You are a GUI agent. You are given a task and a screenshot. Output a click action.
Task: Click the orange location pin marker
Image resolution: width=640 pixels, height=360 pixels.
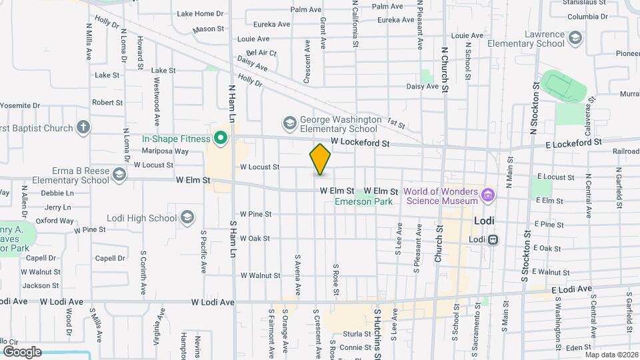pos(320,159)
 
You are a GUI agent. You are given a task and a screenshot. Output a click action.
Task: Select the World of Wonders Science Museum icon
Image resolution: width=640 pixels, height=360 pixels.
pos(488,195)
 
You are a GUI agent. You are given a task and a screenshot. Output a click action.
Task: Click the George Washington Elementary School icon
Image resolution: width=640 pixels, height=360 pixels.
pos(289,123)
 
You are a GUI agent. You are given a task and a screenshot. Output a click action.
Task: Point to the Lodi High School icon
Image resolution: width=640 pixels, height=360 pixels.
pos(188,217)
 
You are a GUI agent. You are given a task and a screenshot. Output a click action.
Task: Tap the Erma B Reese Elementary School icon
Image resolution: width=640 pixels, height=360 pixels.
pos(119,175)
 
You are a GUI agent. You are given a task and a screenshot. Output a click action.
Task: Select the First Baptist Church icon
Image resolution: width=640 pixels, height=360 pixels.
pos(83,127)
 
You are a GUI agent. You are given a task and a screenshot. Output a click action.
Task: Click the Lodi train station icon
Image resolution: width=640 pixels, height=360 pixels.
pos(493,239)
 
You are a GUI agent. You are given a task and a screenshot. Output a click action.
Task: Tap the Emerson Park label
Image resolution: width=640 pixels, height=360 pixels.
pos(363,201)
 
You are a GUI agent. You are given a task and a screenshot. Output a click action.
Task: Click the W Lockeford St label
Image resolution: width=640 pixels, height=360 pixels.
pos(360,142)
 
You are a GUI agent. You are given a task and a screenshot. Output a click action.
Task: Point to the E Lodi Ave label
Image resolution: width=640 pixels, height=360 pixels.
pos(571,289)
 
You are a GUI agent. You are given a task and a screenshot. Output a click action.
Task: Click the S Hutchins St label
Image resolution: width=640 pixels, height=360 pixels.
pos(376,330)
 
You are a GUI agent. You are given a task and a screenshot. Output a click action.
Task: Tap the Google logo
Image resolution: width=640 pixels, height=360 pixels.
pos(21,351)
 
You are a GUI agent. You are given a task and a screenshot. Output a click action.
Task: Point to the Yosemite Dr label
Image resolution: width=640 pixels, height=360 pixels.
pos(20,105)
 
